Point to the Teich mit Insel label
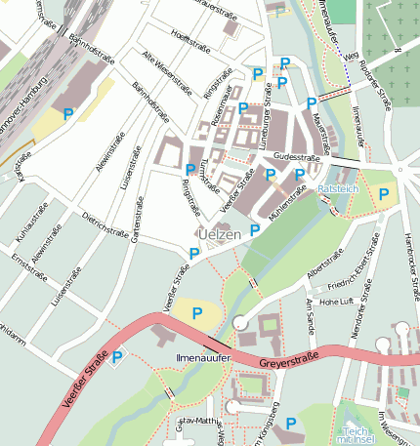355,436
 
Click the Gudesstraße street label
298,156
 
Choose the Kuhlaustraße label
34,226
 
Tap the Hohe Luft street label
351,301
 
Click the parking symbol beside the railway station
67,114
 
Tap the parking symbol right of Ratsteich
384,194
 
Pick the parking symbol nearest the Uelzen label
255,229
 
